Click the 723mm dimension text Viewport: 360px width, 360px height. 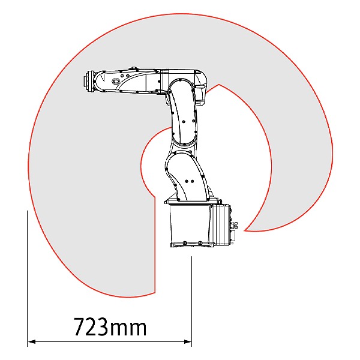pos(110,327)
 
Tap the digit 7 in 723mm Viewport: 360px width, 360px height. pos(79,327)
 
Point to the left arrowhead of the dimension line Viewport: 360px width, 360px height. pos(31,342)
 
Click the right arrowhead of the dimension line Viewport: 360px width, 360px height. pos(188,342)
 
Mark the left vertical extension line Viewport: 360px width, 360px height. pos(28,278)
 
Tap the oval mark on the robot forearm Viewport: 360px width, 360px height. pos(115,81)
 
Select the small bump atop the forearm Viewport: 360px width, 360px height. pos(134,68)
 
